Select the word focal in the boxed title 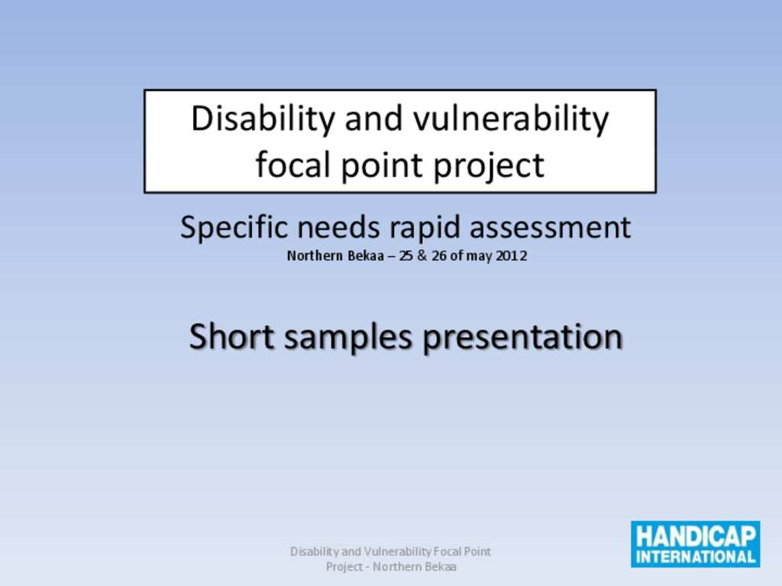[x=294, y=165]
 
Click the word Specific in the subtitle [x=234, y=227]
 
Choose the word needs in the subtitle [x=338, y=228]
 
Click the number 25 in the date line [x=406, y=256]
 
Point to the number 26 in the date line [x=439, y=256]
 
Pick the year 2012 [x=511, y=256]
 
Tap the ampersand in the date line [x=422, y=256]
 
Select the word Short [x=232, y=336]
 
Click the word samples [x=348, y=338]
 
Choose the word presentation [x=522, y=338]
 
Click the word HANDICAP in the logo [x=696, y=536]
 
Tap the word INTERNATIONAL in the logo [x=696, y=556]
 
